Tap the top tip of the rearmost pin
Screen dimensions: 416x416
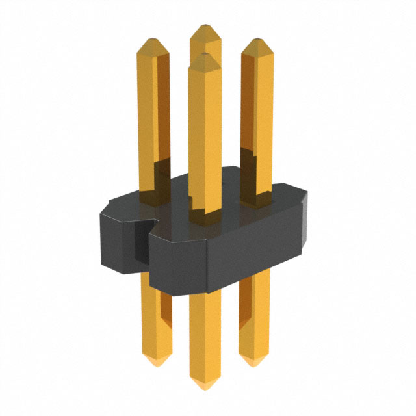205,26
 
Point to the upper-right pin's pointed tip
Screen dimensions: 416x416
256,40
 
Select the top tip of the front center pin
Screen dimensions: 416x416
204,55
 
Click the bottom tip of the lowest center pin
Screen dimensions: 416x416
205,387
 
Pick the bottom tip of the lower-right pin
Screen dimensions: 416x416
253,363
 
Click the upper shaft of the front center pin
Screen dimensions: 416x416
204,130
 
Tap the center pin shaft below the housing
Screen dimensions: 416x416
205,331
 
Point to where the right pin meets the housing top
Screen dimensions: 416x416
256,195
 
